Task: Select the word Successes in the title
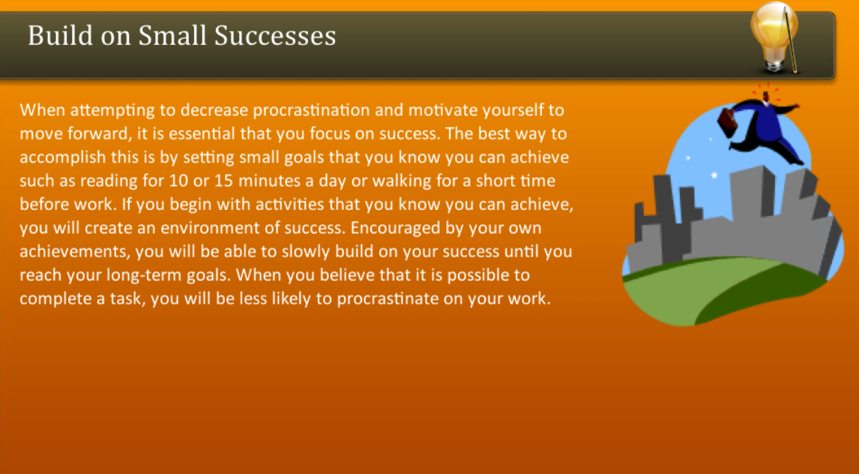tap(275, 35)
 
